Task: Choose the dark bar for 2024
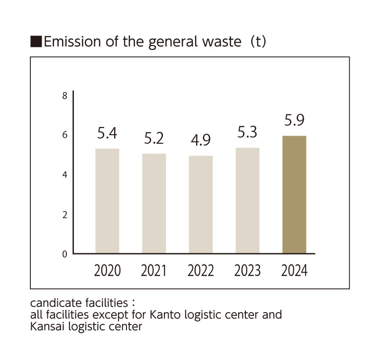294,194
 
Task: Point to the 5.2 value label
154,138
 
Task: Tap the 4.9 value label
200,141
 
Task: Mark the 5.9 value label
294,121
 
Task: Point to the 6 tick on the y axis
65,136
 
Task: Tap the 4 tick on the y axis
65,175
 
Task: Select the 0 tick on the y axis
65,254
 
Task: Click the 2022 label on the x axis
200,271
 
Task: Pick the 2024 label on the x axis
294,271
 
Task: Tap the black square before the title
36,42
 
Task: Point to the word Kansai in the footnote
45,327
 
